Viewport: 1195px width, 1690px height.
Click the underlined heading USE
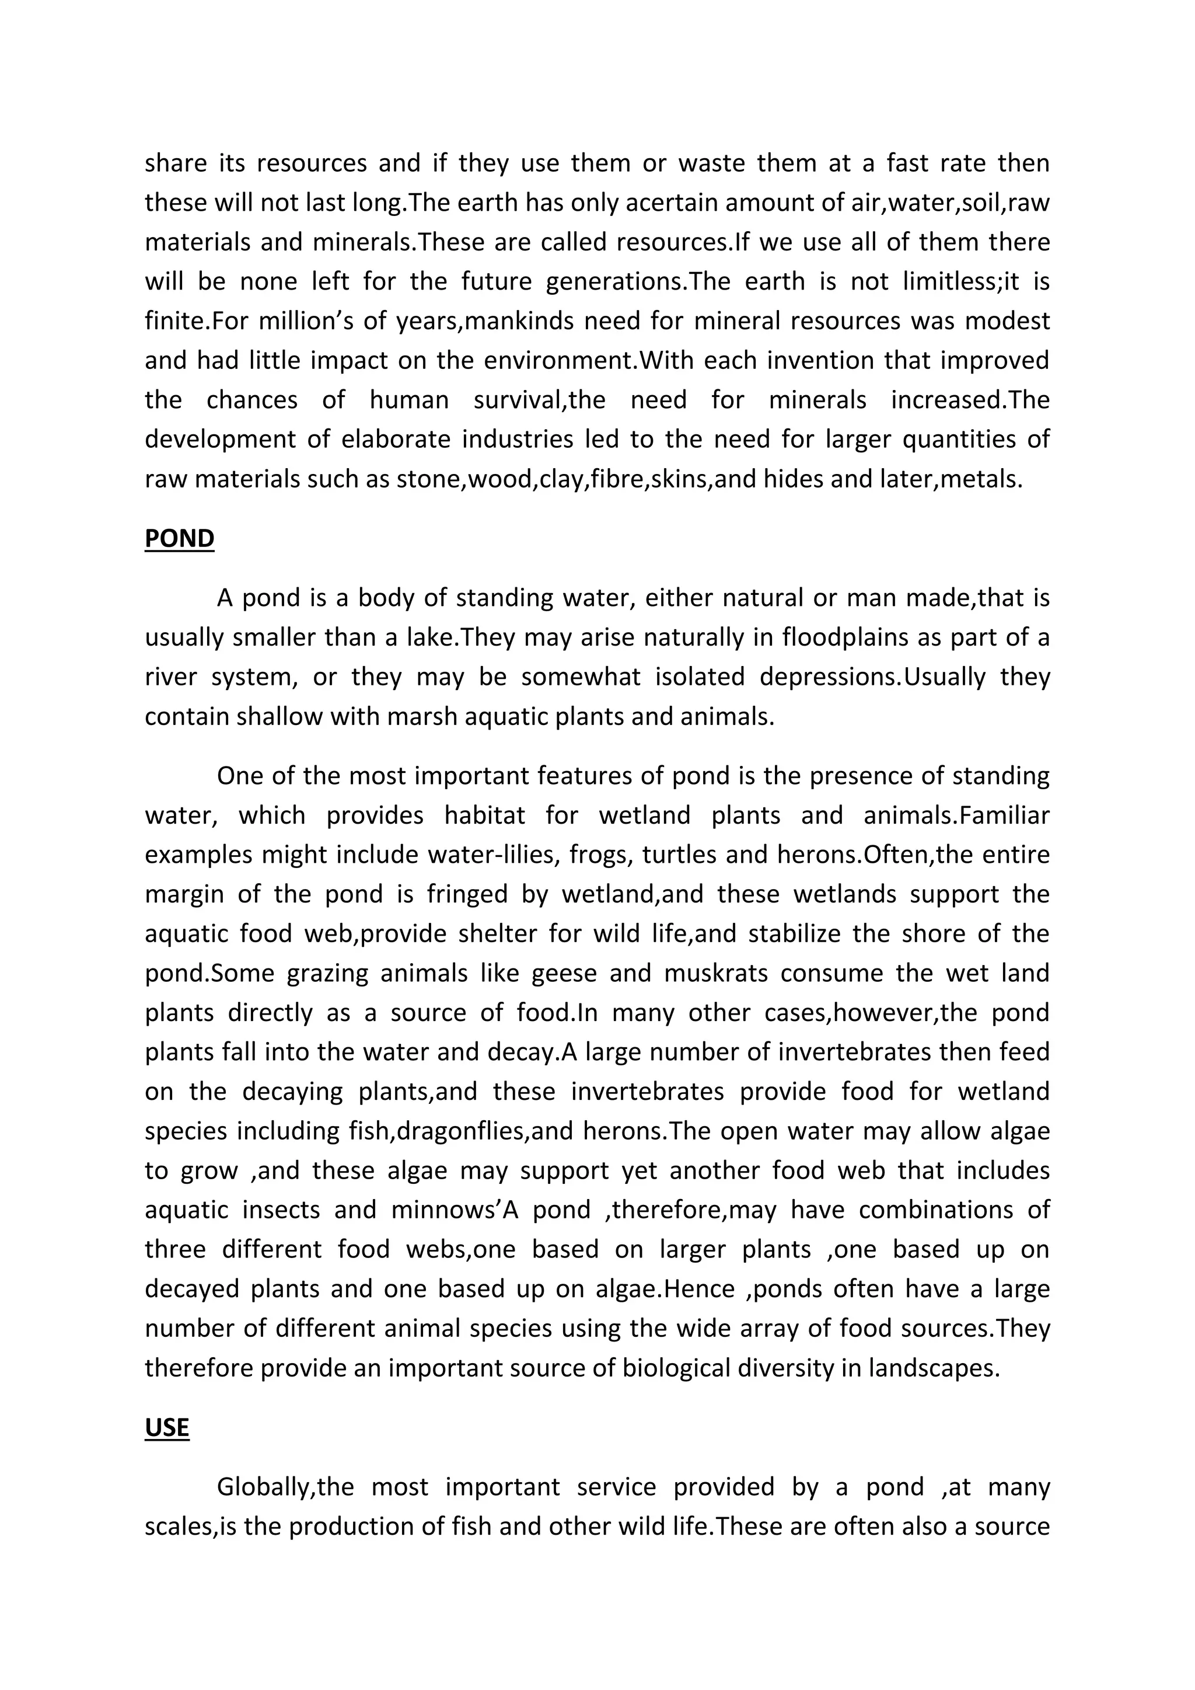tap(166, 1427)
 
